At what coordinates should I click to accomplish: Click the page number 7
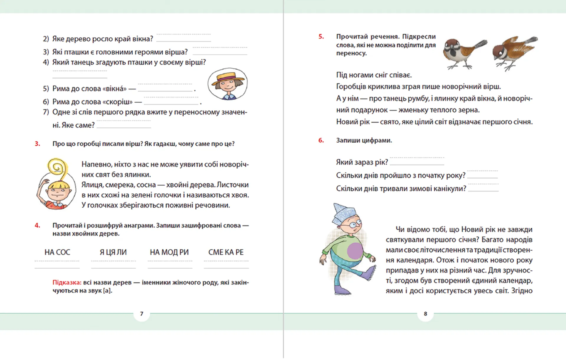click(142, 314)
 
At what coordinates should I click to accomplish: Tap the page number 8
click(425, 314)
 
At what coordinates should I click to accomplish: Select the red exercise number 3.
click(37, 144)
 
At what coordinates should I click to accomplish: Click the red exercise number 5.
click(321, 37)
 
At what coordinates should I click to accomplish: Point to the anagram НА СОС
click(57, 252)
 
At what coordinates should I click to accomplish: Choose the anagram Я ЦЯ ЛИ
click(113, 252)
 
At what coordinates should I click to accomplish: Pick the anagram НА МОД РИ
click(169, 252)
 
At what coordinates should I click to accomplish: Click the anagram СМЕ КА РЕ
click(226, 252)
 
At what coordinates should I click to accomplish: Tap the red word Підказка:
click(67, 282)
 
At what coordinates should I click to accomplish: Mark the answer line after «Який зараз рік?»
click(417, 163)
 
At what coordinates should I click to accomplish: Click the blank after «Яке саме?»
click(124, 126)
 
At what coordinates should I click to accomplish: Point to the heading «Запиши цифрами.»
click(364, 140)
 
